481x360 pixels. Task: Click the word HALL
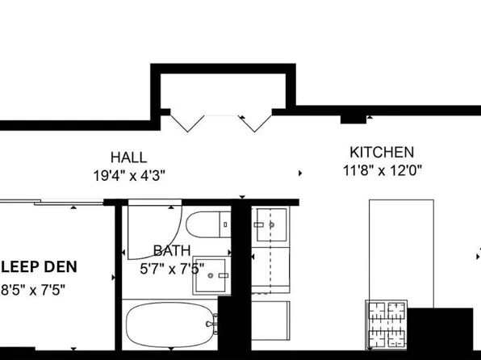129,157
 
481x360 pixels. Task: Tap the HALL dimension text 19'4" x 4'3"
129,174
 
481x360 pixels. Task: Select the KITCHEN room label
382,152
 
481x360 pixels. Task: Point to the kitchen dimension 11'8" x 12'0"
382,170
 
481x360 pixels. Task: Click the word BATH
172,251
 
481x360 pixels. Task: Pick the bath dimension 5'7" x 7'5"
172,269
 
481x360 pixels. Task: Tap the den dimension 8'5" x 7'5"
32,289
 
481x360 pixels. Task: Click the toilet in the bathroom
206,225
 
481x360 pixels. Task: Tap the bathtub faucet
211,327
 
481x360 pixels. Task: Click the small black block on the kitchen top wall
353,119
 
